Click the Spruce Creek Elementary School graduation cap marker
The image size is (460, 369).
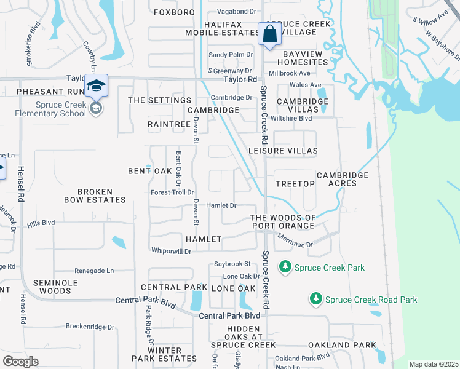(96, 86)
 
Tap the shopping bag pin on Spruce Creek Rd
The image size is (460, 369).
(269, 34)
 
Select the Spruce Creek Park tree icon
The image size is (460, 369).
(285, 267)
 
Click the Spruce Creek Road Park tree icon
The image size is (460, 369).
(315, 299)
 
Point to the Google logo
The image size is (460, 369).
(20, 361)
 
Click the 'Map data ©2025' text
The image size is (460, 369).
(433, 364)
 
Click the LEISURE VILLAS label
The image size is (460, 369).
(282, 151)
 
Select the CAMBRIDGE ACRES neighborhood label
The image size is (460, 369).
(343, 180)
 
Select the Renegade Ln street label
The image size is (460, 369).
(94, 271)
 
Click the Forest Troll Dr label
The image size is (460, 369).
(172, 192)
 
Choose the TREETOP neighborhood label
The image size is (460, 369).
(295, 184)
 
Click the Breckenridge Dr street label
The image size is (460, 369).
(90, 327)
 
